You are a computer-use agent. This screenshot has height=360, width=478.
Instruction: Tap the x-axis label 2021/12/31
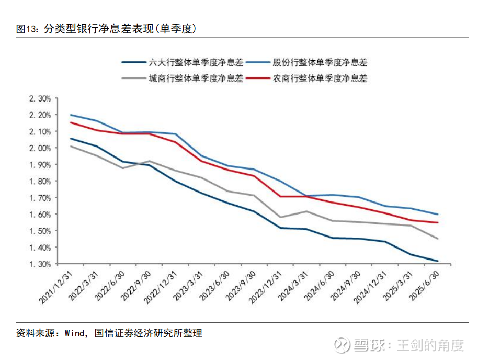(56, 287)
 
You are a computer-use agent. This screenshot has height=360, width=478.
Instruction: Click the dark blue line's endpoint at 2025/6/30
(437, 261)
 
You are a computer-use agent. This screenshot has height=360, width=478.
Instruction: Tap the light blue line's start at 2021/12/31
(71, 115)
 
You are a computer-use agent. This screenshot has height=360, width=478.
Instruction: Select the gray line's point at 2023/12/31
(281, 217)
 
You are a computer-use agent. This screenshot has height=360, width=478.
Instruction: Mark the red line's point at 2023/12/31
(281, 197)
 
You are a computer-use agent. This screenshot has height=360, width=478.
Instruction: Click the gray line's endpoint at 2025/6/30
(437, 239)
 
